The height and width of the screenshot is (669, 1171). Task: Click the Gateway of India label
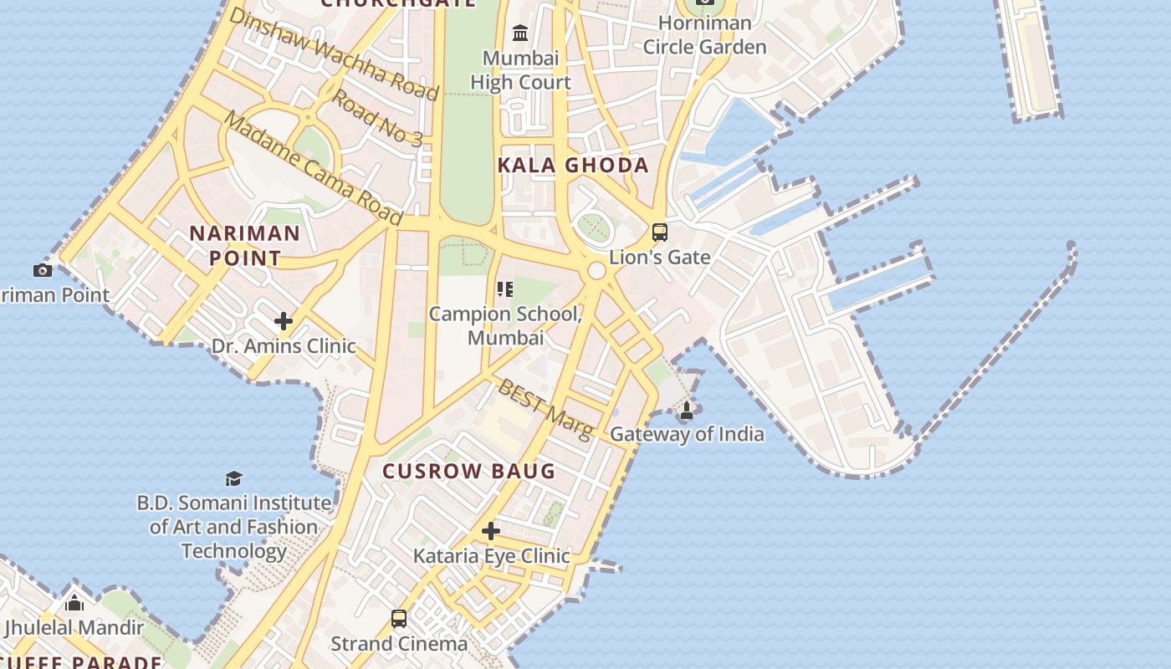point(686,434)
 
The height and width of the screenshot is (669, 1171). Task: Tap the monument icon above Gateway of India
point(687,410)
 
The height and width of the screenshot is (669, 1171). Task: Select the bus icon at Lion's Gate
point(660,232)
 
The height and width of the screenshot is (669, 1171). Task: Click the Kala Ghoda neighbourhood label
point(573,165)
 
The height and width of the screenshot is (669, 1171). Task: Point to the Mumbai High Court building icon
point(520,33)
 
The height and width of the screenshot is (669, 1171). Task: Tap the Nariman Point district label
point(244,245)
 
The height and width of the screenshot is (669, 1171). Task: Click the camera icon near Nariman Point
point(43,270)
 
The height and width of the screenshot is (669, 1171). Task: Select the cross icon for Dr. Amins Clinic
point(284,321)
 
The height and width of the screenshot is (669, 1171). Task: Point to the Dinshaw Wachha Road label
point(333,54)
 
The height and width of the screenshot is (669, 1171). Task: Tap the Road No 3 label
point(377,116)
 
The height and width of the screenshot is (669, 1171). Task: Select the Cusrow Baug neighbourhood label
point(469,471)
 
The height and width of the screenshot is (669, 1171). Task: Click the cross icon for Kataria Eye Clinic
point(491,531)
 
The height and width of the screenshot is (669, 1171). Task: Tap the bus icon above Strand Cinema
point(399,619)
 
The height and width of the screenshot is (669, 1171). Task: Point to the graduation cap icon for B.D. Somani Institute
point(233,478)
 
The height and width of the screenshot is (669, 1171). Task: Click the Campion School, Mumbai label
point(505,325)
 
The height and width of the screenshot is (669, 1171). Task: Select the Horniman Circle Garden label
point(704,35)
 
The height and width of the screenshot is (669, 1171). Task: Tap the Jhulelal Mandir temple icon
point(74,602)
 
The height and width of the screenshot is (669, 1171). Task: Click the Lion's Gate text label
point(660,258)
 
